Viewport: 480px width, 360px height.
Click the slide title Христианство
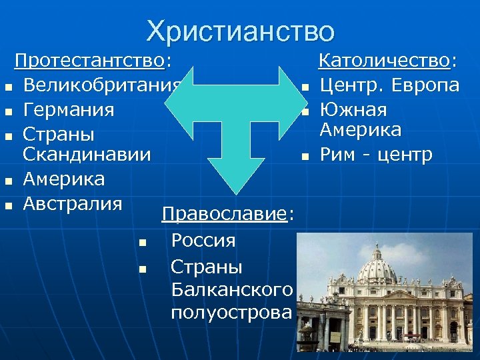pyautogui.click(x=240, y=31)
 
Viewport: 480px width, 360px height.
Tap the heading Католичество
pyautogui.click(x=386, y=62)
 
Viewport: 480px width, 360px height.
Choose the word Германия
pyautogui.click(x=68, y=109)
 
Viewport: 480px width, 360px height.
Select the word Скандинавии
pyautogui.click(x=87, y=155)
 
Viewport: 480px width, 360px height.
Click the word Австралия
pyautogui.click(x=73, y=203)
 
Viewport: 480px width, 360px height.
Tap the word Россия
pyautogui.click(x=203, y=240)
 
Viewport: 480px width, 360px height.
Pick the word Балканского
pyautogui.click(x=231, y=289)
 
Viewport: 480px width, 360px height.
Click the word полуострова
pyautogui.click(x=231, y=312)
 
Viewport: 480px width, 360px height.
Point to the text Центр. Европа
pyautogui.click(x=389, y=86)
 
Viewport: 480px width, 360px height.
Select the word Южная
pyautogui.click(x=353, y=109)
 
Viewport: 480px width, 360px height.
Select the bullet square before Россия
pyautogui.click(x=142, y=242)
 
